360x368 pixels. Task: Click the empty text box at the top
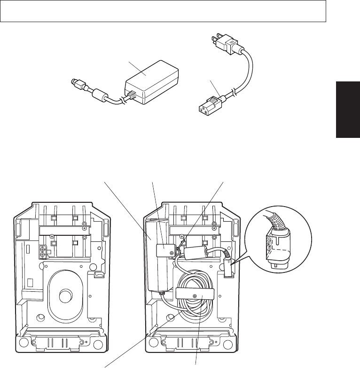click(163, 11)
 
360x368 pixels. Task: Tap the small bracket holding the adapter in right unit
click(165, 251)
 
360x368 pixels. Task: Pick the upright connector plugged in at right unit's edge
click(227, 269)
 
